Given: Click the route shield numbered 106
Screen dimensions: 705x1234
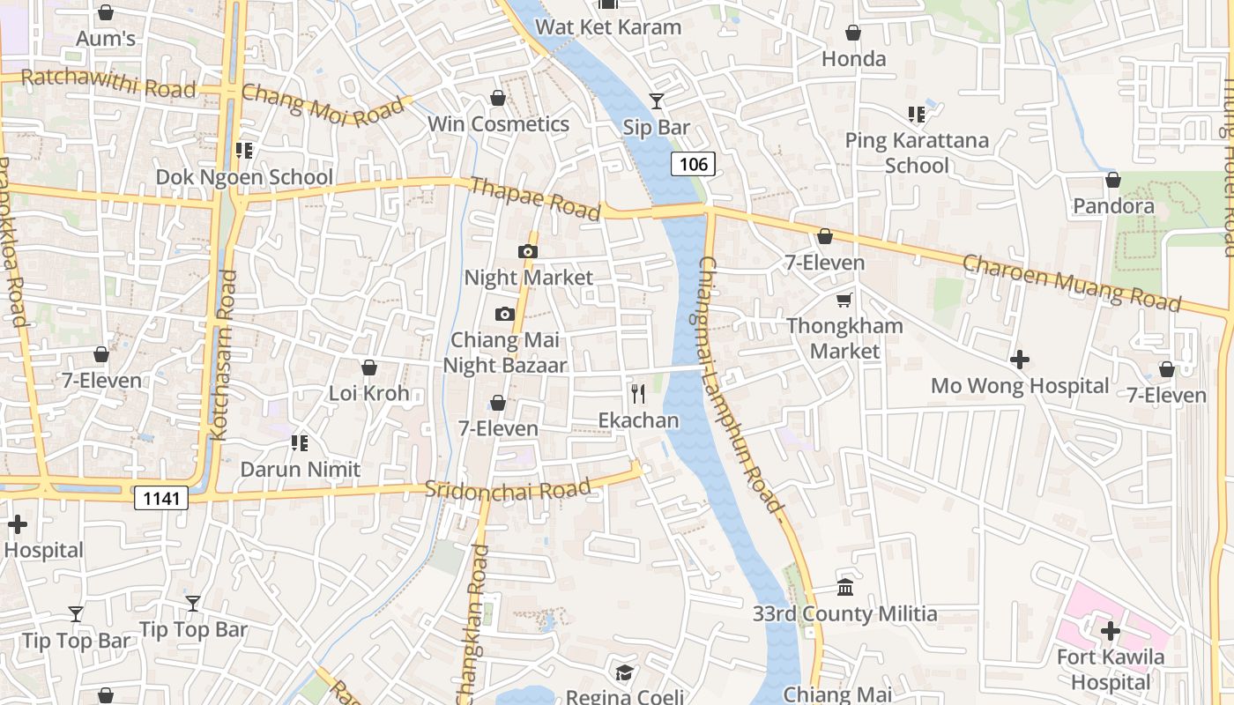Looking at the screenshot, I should pos(694,163).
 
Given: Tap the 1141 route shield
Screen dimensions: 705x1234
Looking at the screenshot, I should pos(162,499).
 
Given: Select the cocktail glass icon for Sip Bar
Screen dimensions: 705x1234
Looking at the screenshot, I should pos(657,101).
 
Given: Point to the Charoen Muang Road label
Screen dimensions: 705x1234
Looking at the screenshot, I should pos(1071,282).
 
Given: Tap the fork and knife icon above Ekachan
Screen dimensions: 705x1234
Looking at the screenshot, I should pos(638,393).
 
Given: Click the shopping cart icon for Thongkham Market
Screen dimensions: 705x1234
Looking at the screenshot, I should pos(844,300).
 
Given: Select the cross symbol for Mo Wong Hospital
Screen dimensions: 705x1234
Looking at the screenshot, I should pos(1020,360).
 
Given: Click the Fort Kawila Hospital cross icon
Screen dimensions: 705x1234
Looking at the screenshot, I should pos(1111,631).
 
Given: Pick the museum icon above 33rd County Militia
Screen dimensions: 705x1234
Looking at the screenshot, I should pos(844,587).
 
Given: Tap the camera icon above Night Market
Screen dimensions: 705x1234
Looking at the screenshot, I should pos(527,252).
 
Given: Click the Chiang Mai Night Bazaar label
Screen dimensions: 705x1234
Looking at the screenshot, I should pos(505,352).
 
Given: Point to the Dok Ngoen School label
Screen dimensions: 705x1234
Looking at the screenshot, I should pos(244,177).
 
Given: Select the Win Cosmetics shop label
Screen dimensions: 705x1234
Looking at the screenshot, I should pos(498,124).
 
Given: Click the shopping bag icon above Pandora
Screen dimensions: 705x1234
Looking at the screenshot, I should pos(1113,180).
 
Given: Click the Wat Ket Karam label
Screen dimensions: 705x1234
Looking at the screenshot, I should pos(608,27).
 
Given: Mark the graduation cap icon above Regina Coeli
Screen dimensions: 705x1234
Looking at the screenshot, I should pos(624,672).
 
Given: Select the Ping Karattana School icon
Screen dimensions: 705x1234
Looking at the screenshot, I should pos(917,115).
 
